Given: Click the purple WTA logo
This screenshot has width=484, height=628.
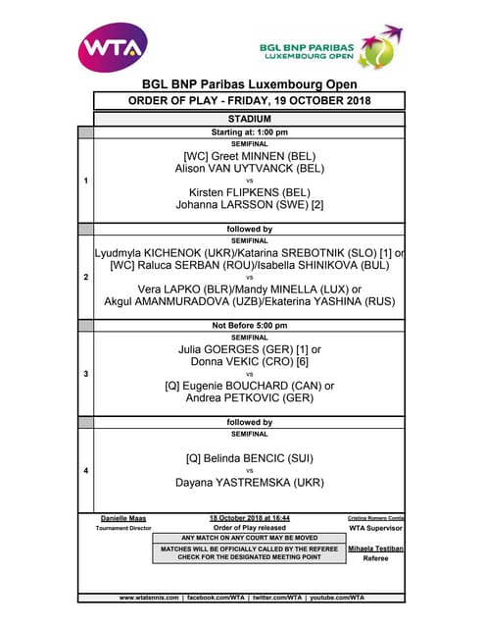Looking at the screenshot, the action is pos(113,45).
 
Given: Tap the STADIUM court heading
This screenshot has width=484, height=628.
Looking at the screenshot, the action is pos(249,119).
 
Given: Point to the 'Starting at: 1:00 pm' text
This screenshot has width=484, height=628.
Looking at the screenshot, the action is pos(249,131).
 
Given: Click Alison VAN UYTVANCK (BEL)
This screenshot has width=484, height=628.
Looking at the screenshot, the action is pos(249,168).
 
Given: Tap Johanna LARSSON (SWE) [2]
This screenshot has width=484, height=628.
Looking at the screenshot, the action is pos(249,206).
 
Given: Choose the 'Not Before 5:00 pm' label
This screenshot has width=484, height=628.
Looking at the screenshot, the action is pos(249,326).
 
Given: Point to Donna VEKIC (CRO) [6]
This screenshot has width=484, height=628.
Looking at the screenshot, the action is pos(249,361).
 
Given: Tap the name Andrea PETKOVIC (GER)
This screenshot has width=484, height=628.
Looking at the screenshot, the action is pos(249,399).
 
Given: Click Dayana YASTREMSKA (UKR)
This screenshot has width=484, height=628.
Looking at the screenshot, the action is pos(249,483).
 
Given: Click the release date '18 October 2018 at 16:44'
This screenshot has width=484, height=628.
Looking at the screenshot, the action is pos(249,517).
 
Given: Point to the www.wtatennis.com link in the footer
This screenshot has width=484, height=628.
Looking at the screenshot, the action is pos(149,597).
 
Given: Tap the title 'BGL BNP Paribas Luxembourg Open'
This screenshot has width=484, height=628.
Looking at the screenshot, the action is pos(249,84).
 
